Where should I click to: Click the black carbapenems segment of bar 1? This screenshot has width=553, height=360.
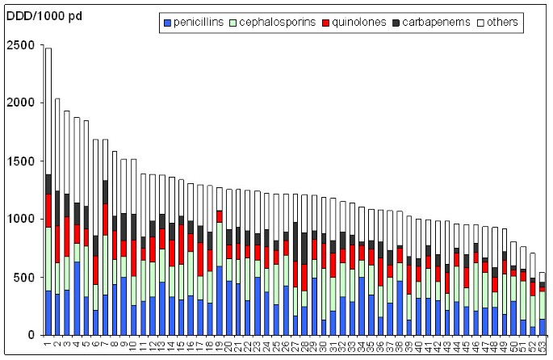tap(48, 184)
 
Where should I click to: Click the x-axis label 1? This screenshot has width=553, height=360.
tap(48, 345)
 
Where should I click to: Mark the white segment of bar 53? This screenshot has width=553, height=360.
tap(543, 277)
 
